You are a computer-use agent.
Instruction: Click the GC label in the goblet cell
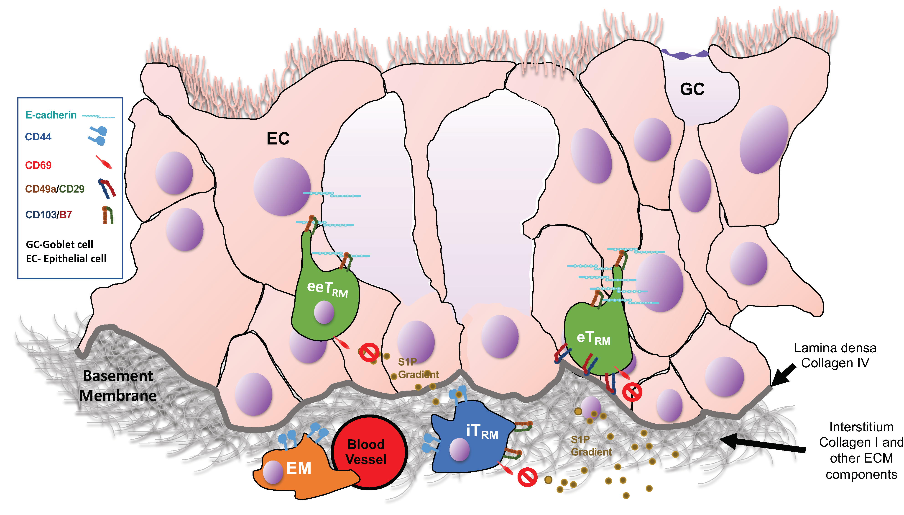(692, 89)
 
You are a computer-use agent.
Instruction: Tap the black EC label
(278, 139)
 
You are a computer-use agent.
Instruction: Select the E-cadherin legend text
(51, 115)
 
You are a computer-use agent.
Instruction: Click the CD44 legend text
(38, 137)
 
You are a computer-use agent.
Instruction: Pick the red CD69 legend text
(38, 165)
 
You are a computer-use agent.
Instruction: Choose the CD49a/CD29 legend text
(55, 189)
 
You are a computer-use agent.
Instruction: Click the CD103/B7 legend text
(49, 215)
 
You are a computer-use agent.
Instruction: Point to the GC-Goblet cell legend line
(59, 245)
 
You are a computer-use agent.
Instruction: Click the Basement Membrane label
(118, 386)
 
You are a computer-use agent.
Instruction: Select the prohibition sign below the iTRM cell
(527, 477)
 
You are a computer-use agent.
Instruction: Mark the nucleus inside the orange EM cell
(273, 472)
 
